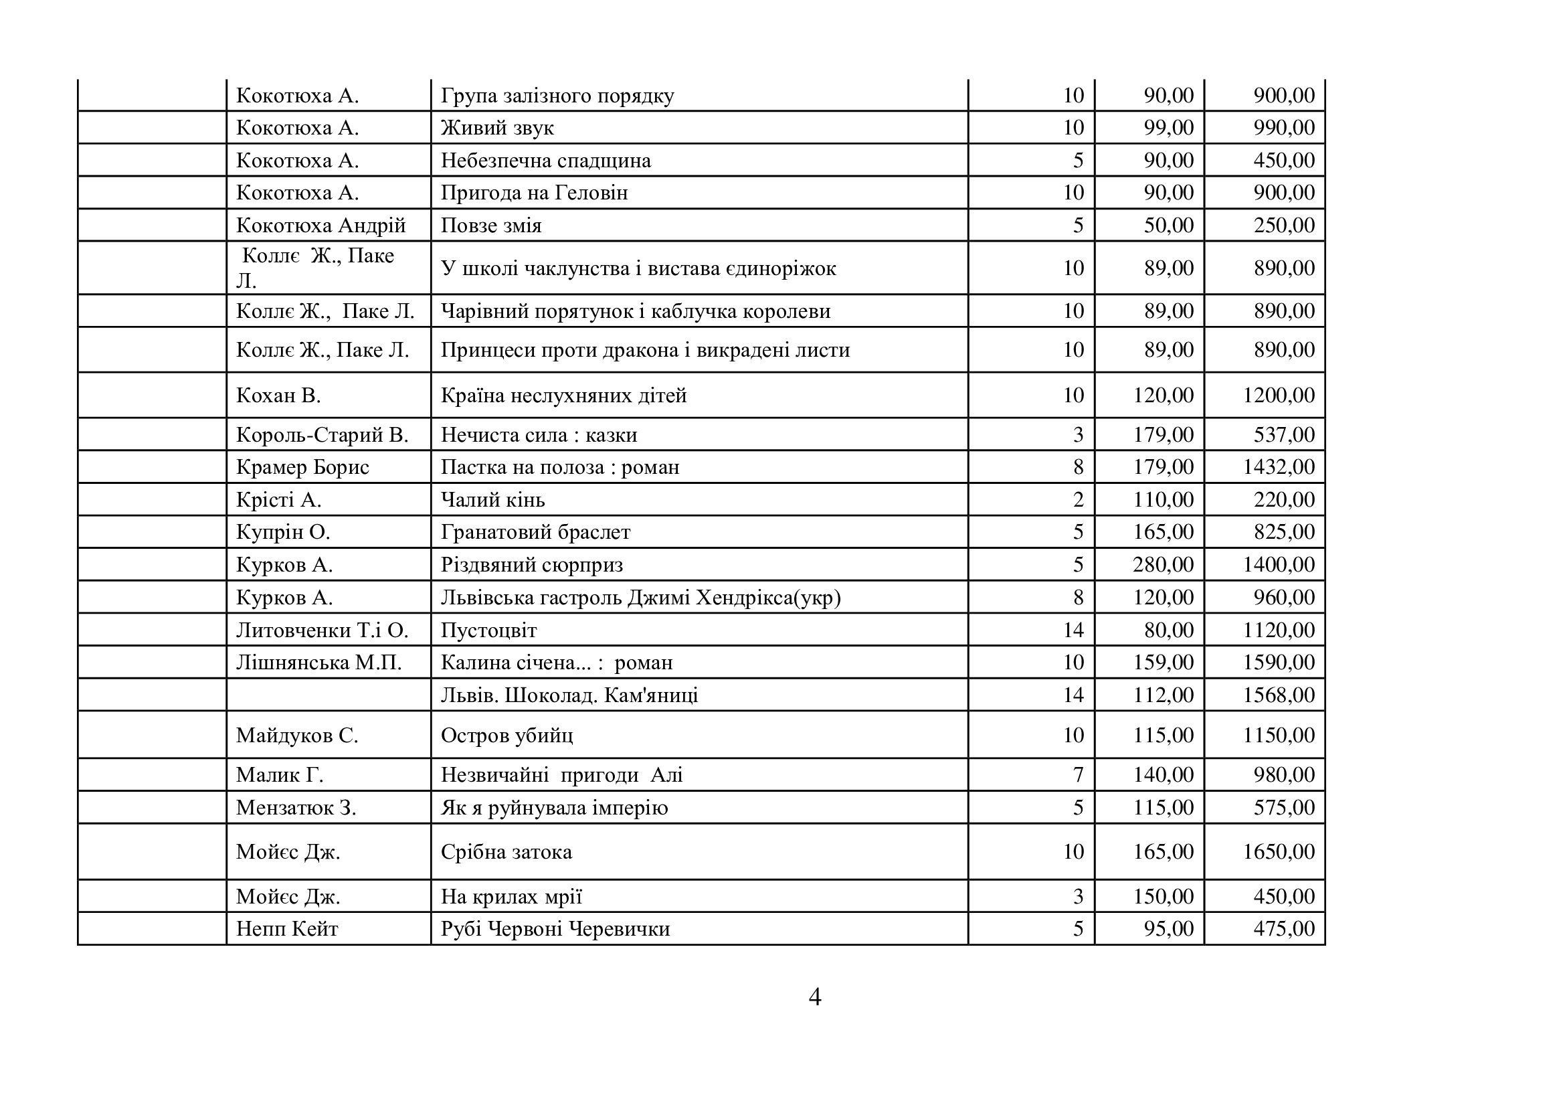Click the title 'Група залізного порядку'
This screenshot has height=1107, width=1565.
557,96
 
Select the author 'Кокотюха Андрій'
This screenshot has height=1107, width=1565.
320,225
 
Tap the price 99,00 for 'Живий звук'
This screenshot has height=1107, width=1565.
1168,127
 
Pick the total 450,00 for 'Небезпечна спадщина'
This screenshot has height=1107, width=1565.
1283,160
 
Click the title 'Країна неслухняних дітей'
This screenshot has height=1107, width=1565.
563,396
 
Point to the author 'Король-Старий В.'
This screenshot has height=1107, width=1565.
322,435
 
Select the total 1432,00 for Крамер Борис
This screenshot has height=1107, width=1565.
1278,467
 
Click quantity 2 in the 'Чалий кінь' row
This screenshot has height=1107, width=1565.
1079,500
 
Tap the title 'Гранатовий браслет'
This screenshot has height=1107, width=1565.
535,531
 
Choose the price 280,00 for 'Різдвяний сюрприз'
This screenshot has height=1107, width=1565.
1163,564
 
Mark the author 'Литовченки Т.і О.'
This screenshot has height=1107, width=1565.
322,630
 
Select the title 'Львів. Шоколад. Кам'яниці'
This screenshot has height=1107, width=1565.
569,695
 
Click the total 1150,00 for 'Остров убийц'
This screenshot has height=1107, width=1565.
1278,735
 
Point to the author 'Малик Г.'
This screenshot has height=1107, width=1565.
280,775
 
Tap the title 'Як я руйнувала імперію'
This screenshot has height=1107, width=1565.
554,808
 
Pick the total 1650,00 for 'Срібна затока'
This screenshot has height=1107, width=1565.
1278,851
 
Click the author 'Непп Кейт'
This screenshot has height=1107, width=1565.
287,929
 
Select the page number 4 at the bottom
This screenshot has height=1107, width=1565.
814,997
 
